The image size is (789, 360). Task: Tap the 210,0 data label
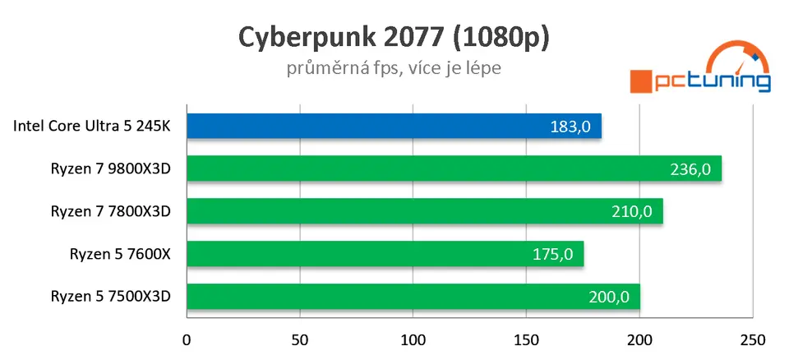click(x=632, y=211)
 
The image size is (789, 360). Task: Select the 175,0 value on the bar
click(x=553, y=254)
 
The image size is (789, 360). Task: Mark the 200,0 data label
click(x=610, y=297)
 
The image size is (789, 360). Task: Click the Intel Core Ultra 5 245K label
click(x=92, y=127)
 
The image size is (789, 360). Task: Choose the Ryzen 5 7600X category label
click(x=120, y=254)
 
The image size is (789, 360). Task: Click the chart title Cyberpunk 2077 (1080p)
click(x=394, y=38)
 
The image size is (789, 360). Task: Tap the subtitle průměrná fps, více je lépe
click(x=394, y=68)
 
